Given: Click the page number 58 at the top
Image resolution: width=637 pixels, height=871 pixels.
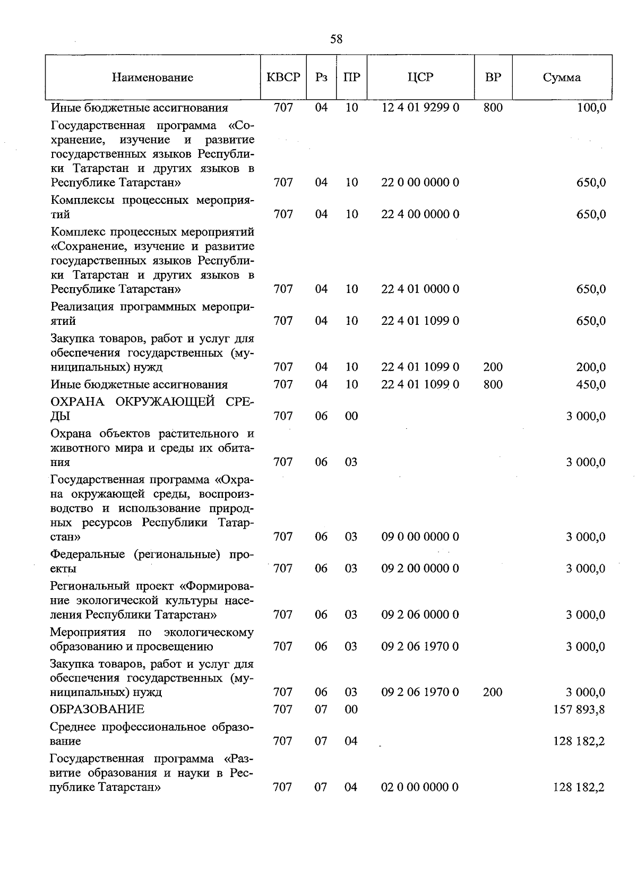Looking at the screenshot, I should point(336,39).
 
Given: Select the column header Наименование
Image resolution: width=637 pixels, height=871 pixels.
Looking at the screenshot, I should point(152,77).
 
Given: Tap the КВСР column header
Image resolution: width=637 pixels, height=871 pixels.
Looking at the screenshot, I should point(283,77).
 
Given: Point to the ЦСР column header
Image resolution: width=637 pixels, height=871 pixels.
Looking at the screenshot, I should point(420,77).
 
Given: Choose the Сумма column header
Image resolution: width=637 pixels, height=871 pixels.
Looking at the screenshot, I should point(562,77).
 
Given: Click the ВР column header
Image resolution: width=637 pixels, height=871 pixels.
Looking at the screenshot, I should point(493,77).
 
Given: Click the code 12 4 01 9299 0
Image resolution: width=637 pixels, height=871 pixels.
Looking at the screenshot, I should point(420,108).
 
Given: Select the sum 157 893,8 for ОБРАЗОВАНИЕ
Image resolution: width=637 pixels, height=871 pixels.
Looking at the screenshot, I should point(579,710).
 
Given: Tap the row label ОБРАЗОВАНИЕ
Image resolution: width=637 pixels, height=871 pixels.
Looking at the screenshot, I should point(97,710).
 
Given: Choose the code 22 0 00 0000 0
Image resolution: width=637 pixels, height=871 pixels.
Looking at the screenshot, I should point(420,183).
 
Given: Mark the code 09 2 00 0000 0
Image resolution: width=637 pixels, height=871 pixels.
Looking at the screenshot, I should point(420,568).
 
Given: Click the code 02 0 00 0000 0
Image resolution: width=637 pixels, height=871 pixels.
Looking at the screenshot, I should point(420,787).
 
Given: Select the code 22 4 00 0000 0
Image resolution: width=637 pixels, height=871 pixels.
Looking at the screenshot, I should point(420,214).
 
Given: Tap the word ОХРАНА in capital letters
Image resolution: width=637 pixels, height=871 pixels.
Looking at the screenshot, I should point(78,402).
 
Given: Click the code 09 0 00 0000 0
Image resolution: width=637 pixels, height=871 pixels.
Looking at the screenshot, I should point(420,537).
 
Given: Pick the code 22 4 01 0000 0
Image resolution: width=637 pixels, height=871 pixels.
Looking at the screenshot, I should point(420,289).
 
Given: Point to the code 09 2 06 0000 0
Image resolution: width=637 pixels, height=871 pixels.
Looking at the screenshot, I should point(420,615).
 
